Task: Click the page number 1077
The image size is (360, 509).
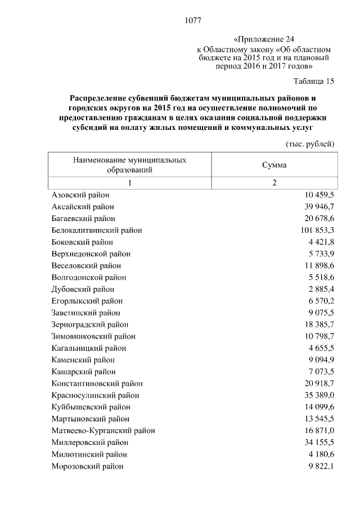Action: pos(192,21)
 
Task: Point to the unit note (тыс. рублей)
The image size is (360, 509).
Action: pos(310,144)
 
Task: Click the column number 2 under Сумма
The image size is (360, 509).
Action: pos(274,183)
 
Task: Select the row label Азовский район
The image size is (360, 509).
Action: pos(80,195)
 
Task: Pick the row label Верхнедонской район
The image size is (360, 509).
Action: pos(91,254)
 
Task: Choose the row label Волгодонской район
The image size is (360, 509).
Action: pos(88,277)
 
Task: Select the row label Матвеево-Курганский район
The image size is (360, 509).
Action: pos(103,431)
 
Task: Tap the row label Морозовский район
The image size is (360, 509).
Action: pos(87,466)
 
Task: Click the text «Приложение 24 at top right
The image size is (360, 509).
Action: pos(263,39)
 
